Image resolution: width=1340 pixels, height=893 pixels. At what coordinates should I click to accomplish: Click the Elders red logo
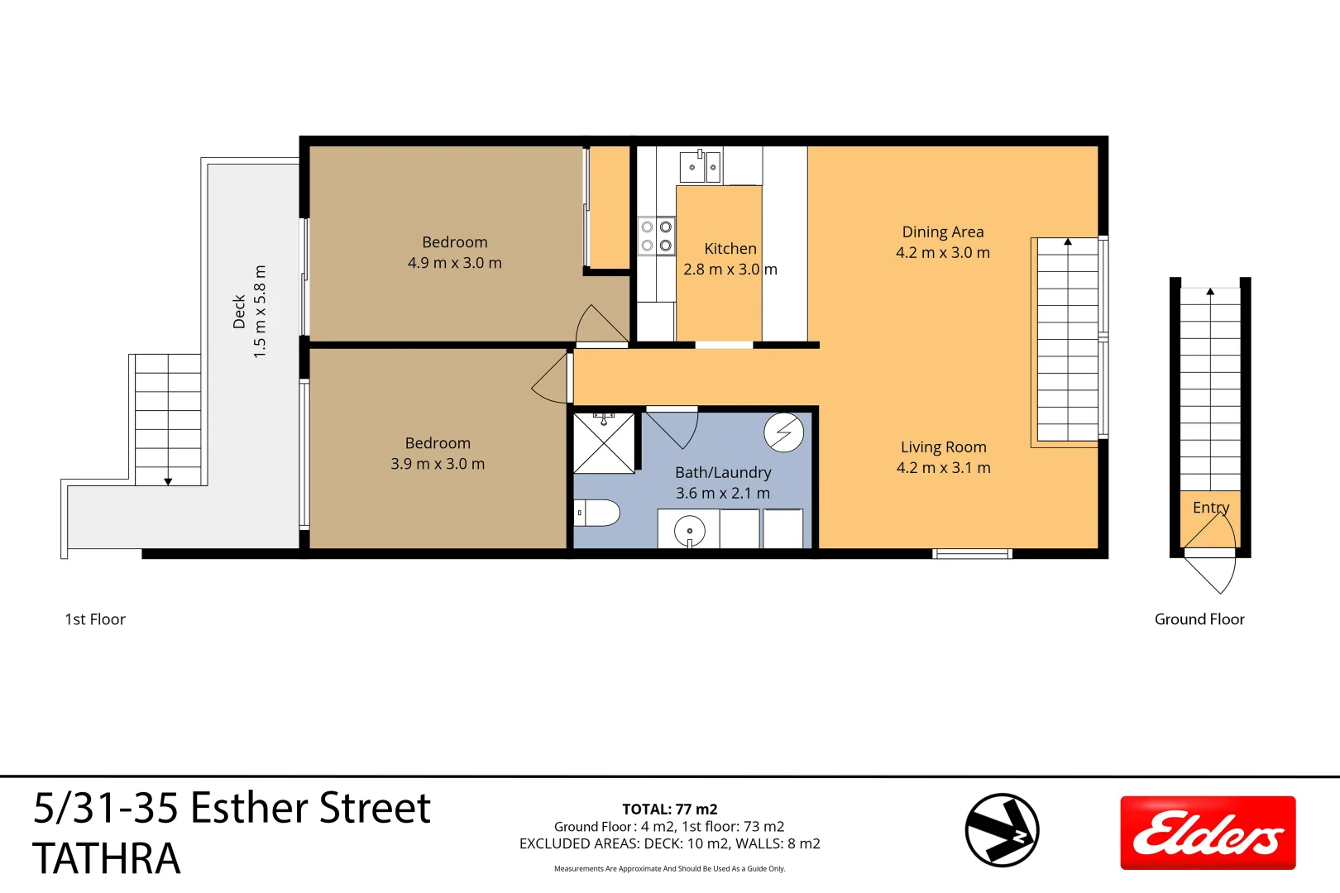click(1208, 833)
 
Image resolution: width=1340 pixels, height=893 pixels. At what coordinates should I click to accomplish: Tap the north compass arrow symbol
click(1002, 830)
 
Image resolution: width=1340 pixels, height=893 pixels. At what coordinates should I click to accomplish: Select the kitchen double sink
click(701, 167)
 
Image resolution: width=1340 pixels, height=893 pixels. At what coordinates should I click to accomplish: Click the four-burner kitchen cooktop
click(657, 236)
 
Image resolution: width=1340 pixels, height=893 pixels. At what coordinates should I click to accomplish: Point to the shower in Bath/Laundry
click(605, 444)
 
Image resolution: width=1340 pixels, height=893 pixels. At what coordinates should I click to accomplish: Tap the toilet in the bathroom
click(597, 513)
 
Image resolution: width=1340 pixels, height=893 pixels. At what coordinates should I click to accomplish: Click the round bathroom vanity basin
click(689, 531)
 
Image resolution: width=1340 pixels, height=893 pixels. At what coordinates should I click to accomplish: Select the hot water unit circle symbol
click(783, 432)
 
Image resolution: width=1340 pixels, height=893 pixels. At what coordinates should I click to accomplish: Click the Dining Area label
click(943, 232)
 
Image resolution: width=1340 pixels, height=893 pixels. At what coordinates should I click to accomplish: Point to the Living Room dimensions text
click(943, 468)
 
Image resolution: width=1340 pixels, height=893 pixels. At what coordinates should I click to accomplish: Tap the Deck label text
click(239, 312)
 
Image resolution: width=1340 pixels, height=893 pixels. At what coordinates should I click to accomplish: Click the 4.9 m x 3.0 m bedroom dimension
click(454, 263)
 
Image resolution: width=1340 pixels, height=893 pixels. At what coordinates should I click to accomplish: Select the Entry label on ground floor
click(1211, 508)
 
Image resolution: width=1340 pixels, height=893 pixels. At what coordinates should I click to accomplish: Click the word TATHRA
click(106, 858)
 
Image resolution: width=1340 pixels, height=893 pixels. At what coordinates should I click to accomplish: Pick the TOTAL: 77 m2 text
click(669, 809)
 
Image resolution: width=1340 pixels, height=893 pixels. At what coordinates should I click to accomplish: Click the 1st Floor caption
click(95, 619)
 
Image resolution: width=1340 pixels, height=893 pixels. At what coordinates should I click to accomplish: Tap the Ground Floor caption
click(1199, 619)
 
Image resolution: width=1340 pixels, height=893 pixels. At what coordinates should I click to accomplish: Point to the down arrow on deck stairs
click(168, 480)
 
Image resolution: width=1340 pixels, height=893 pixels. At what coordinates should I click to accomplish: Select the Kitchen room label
click(730, 249)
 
